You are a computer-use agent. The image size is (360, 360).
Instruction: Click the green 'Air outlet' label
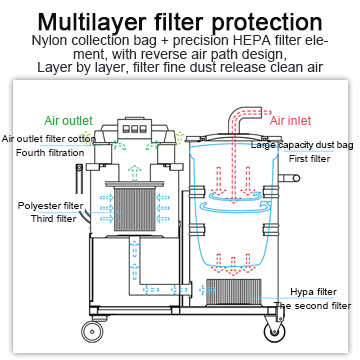click(x=68, y=120)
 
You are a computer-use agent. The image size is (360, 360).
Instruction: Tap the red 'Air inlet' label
click(x=290, y=120)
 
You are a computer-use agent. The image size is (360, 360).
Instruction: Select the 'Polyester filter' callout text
click(x=50, y=205)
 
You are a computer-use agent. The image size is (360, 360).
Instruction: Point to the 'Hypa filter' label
click(x=313, y=292)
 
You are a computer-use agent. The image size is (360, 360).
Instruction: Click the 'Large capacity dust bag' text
click(x=302, y=145)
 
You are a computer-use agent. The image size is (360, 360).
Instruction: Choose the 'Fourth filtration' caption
click(x=50, y=153)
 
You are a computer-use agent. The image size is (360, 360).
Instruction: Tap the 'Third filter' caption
click(x=53, y=219)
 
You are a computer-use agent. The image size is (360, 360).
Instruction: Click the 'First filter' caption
click(x=309, y=159)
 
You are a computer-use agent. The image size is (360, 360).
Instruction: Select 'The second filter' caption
click(x=313, y=306)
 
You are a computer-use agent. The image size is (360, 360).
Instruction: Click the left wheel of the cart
click(x=92, y=331)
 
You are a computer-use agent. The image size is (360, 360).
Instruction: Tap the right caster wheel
click(x=274, y=332)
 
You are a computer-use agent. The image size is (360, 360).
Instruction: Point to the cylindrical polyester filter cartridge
click(x=135, y=209)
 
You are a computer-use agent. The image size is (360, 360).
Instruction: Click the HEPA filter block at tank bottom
click(x=234, y=292)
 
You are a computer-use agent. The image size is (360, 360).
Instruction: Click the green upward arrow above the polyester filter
click(x=135, y=173)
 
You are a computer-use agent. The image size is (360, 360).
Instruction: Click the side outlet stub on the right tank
click(x=289, y=178)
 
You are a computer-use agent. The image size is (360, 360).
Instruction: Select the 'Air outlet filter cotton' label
click(x=46, y=139)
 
